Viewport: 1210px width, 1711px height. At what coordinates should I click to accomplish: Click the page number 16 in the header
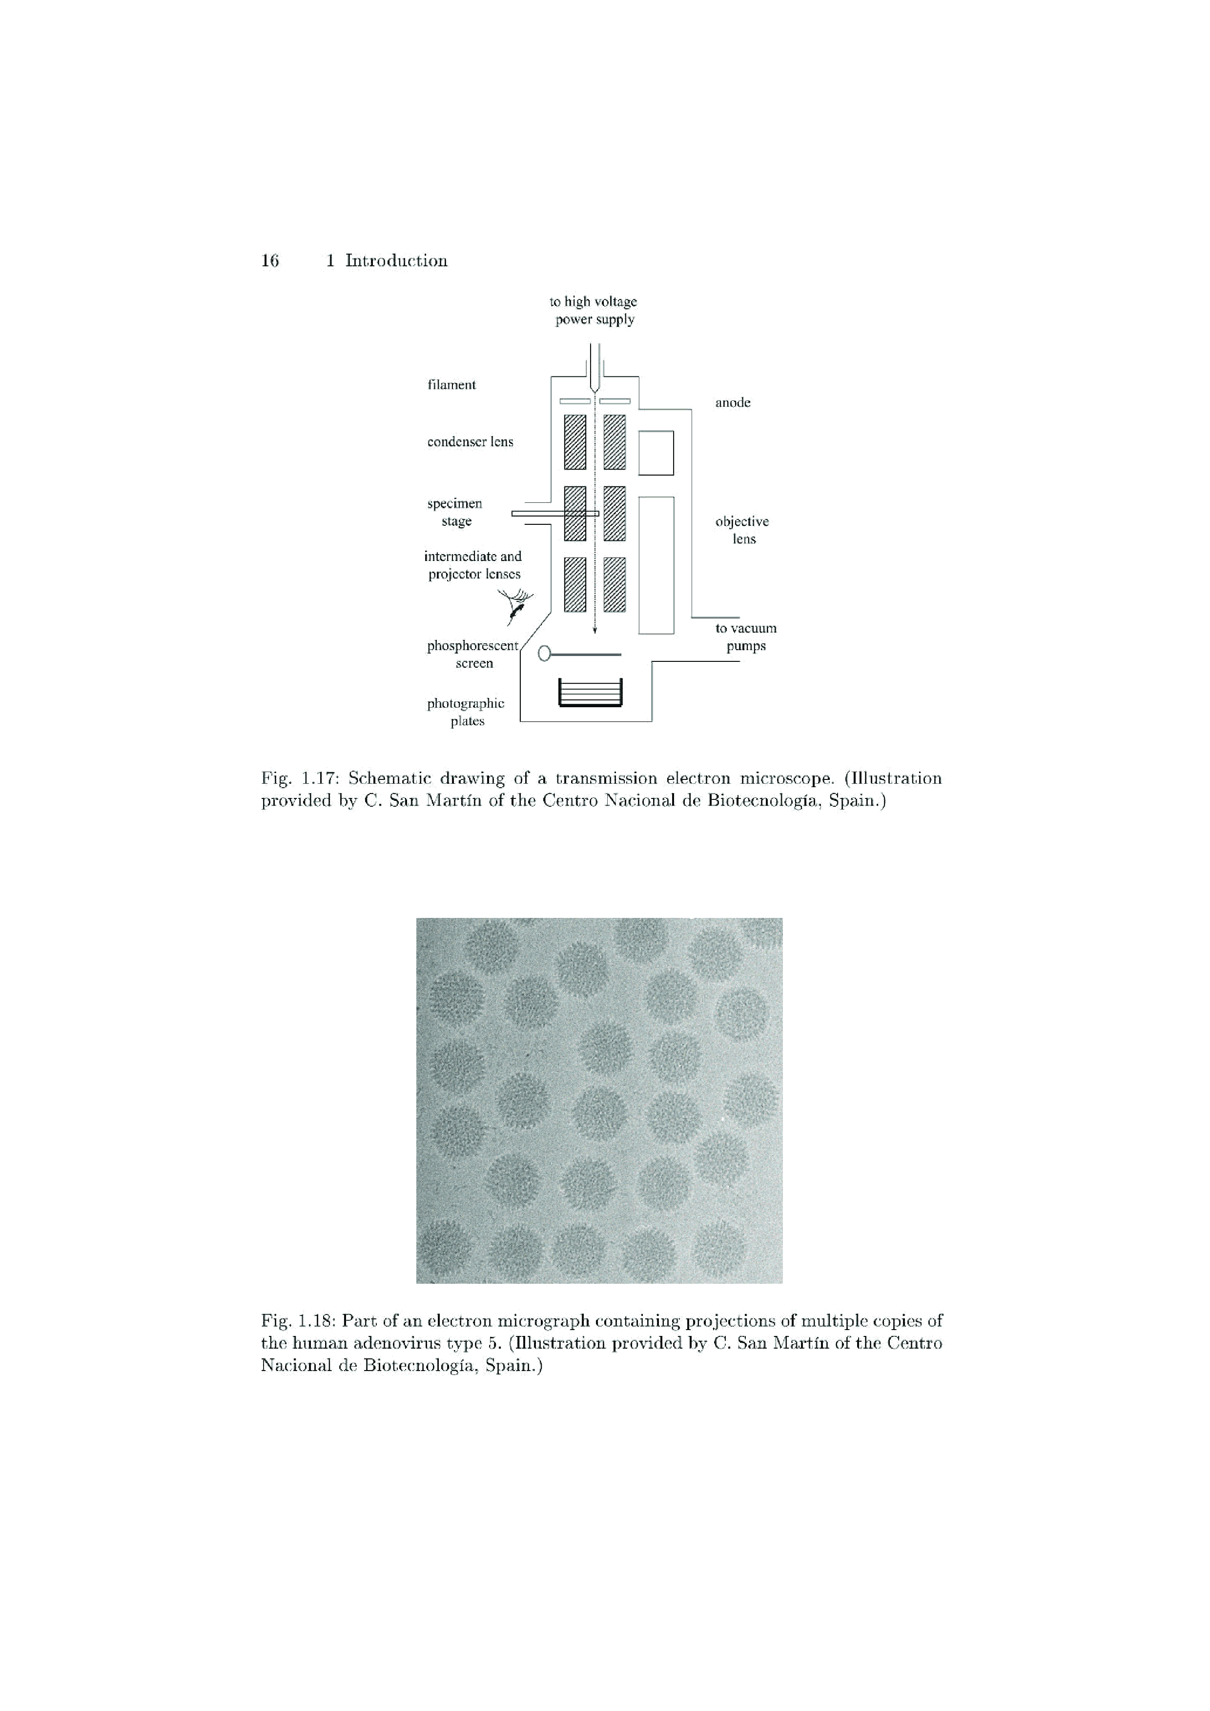point(270,261)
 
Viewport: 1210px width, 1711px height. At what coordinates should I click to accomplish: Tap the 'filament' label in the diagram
point(451,384)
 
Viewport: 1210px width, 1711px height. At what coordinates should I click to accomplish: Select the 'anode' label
point(733,402)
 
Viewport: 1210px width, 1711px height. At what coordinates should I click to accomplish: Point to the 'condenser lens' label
point(470,442)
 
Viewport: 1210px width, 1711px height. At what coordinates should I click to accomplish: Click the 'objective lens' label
point(742,530)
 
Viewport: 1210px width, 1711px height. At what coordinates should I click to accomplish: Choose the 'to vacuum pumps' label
point(745,637)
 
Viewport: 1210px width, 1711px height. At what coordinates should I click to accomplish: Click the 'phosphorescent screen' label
point(472,654)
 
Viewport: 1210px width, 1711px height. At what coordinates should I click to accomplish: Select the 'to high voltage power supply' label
point(594,310)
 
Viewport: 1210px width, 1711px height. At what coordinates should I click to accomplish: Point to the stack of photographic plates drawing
point(590,693)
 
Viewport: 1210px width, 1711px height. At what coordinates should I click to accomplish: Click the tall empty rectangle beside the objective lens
point(656,565)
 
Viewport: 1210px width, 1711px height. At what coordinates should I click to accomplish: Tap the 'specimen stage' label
point(455,512)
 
